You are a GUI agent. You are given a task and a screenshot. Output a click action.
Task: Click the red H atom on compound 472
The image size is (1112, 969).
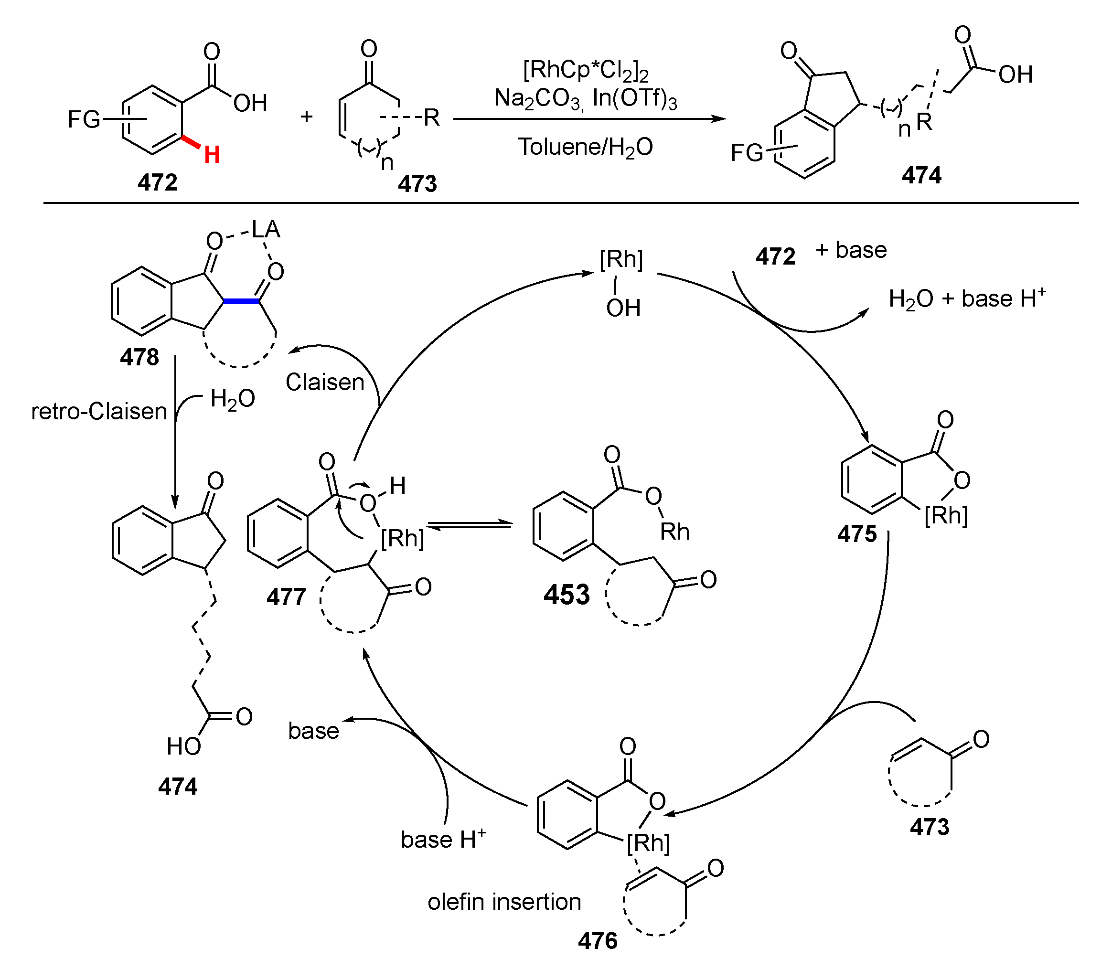point(212,155)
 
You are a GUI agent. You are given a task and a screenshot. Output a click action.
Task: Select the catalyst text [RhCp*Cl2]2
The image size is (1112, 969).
point(586,71)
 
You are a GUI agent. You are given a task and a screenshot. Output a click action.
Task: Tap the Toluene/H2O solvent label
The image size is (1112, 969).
point(586,147)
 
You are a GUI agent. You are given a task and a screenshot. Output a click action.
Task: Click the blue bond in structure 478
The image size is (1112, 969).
point(241,301)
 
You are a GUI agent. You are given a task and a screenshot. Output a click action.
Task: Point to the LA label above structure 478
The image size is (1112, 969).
point(266,230)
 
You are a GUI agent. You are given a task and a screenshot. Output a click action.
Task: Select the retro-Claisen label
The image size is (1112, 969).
point(99,412)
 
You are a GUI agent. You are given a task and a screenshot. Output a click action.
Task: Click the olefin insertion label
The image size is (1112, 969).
point(504,901)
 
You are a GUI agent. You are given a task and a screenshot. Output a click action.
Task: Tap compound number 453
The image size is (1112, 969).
point(567,595)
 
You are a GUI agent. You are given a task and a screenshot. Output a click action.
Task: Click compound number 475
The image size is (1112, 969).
point(857,534)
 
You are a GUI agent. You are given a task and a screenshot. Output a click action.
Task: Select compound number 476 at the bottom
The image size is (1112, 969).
point(597,941)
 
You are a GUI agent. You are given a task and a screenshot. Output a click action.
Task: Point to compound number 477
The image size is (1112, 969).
point(286,597)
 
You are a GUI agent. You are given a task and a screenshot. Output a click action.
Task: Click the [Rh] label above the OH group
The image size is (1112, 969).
point(621,259)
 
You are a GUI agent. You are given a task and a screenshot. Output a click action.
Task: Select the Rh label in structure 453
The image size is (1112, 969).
point(674,532)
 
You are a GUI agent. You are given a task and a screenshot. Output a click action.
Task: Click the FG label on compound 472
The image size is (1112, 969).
point(84,119)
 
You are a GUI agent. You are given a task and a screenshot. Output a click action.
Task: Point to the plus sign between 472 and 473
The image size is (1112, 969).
point(307,116)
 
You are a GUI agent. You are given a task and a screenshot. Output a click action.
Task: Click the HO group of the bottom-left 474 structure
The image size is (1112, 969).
point(184,747)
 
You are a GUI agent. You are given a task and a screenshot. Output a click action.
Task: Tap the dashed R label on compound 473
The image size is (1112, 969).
point(431,117)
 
